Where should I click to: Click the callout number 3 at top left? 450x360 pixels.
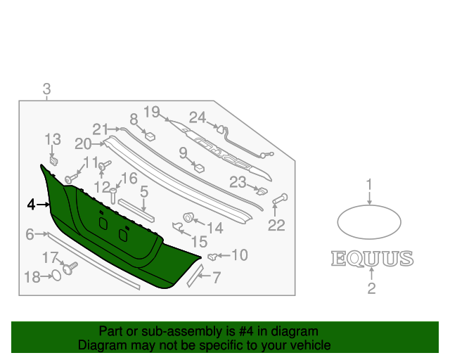coord(46,89)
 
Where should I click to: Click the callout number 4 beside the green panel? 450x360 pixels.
coord(31,205)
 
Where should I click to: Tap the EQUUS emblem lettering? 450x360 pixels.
coord(372,259)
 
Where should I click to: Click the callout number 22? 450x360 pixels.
coord(276,226)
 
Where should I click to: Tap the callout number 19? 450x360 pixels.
coord(153,111)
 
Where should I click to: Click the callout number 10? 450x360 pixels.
coord(240,255)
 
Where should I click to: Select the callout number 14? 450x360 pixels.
coord(214,228)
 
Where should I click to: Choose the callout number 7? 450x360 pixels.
coord(216,278)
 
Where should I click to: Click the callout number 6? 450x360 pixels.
coord(30,234)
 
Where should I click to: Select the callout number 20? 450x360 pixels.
coord(83,143)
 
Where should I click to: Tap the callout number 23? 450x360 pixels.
coord(238,183)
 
